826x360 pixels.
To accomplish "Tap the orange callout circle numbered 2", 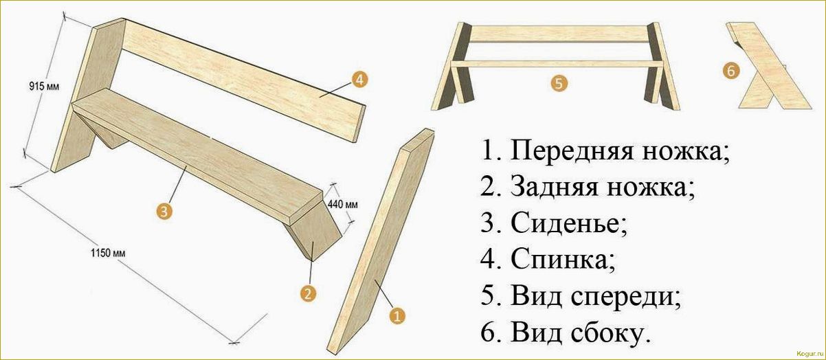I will click(309, 293).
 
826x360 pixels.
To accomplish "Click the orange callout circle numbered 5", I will click(559, 84).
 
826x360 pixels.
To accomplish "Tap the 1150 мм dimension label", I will click(108, 252).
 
